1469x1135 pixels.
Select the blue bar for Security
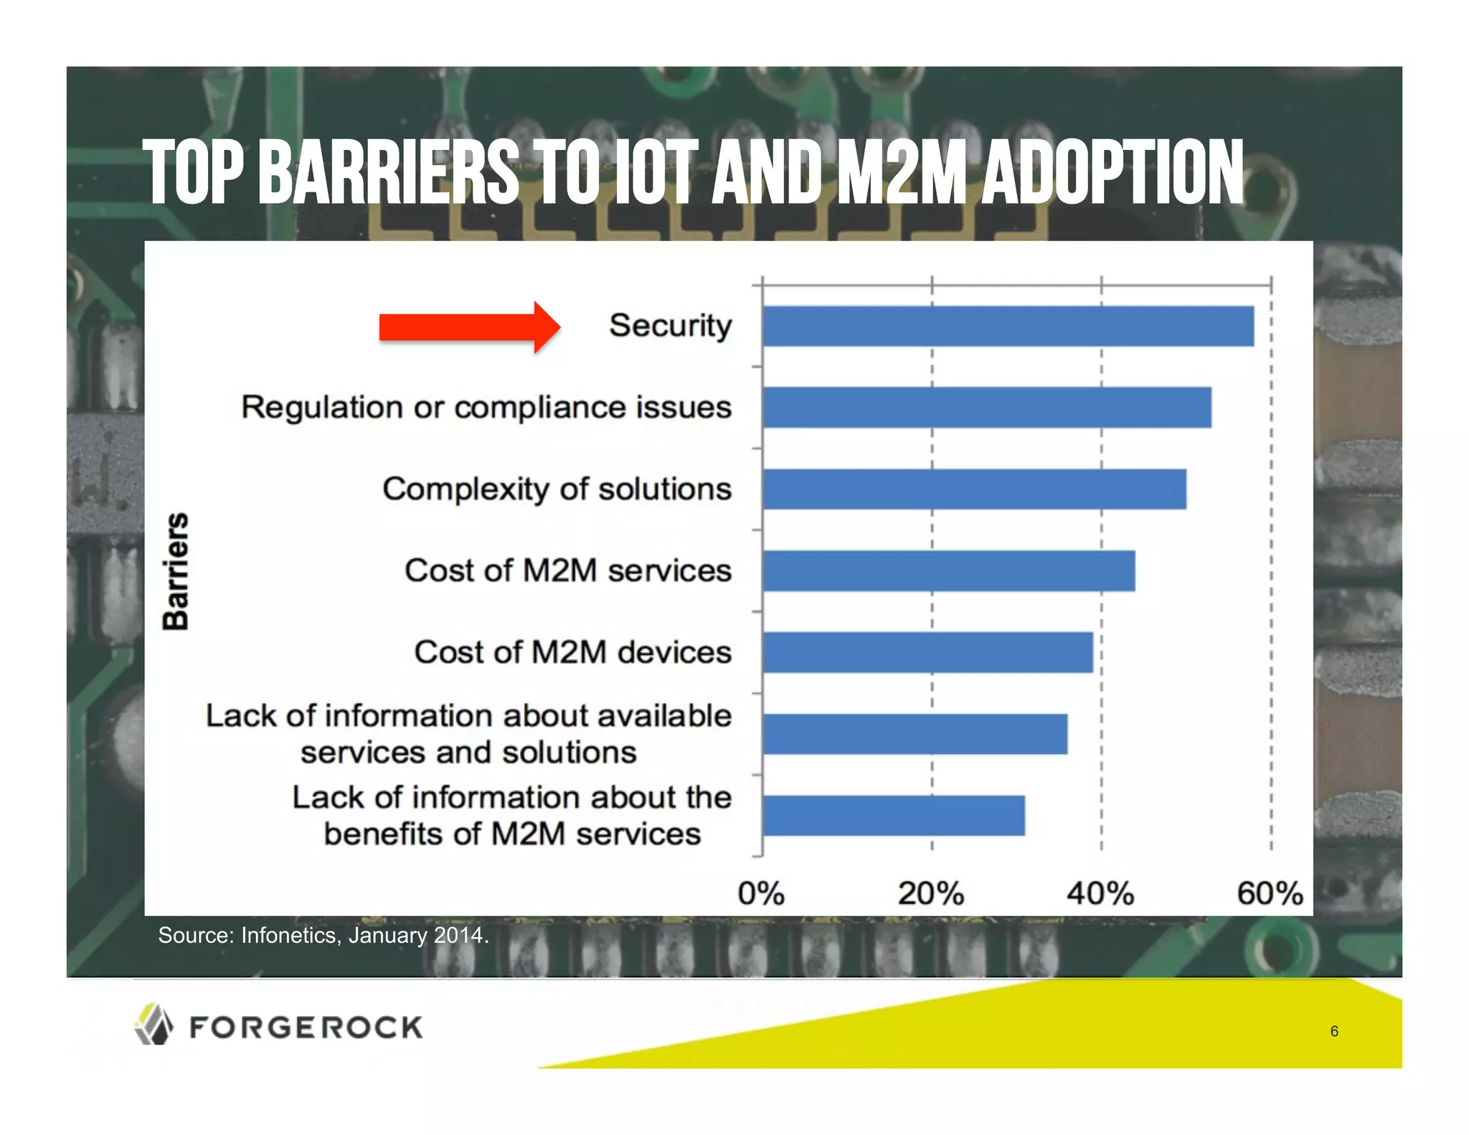[1008, 326]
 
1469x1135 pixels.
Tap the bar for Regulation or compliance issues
[986, 408]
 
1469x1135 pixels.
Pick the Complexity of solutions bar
[974, 489]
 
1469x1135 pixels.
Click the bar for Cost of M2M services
[948, 571]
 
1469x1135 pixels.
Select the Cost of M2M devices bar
[927, 652]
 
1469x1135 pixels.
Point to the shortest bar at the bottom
[893, 816]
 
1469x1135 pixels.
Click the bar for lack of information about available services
[915, 734]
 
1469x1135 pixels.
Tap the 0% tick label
[761, 894]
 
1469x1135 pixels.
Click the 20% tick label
[931, 894]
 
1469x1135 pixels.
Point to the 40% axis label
[1100, 894]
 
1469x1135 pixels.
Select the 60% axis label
[1270, 894]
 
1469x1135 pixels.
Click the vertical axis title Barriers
[176, 571]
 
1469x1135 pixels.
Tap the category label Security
[670, 326]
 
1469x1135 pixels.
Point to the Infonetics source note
[323, 936]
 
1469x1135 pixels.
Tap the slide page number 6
[1334, 1032]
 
